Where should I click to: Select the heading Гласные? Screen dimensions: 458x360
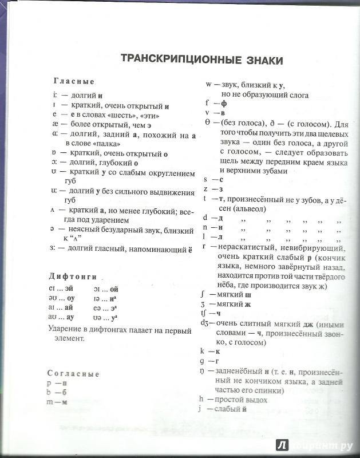coord(74,82)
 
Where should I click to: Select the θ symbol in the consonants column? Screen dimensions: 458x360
coord(208,124)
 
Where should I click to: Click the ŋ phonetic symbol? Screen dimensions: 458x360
coord(208,371)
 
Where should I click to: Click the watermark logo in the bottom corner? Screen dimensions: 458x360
coord(281,446)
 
